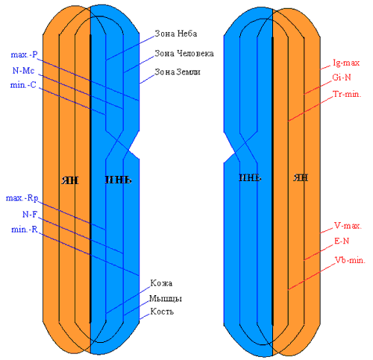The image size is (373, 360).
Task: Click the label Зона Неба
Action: coord(176,34)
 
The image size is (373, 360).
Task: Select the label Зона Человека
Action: coord(184,53)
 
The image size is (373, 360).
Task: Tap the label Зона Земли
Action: coord(178,72)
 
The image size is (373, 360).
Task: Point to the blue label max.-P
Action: coord(24,54)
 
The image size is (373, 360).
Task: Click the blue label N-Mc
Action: coord(23,71)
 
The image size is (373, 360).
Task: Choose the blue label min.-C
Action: coord(23,85)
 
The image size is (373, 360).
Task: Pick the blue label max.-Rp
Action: coord(22,198)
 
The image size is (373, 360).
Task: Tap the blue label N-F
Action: coord(30,214)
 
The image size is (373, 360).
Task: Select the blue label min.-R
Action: coord(25,230)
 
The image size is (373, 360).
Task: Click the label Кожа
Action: coord(161,283)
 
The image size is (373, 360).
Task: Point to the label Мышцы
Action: coord(166,298)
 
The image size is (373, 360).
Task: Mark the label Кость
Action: coord(162,312)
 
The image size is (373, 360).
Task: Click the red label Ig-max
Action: coord(346,63)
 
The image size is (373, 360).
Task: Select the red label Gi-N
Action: coord(342,78)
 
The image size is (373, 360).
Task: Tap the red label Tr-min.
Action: coord(347,94)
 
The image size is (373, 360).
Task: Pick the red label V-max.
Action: coord(348,226)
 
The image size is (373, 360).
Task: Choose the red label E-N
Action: coord(342,241)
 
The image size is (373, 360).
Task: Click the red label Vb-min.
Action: coord(350,260)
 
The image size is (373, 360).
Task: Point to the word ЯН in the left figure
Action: coord(70,180)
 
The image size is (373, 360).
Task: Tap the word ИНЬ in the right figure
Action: coord(250,177)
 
